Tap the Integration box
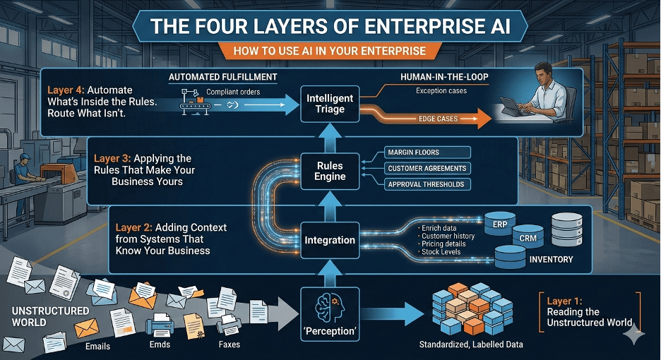click(x=330, y=240)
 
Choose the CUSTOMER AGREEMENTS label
click(x=427, y=168)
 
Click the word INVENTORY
click(x=552, y=260)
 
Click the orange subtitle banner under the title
click(x=329, y=50)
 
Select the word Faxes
click(x=229, y=344)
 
